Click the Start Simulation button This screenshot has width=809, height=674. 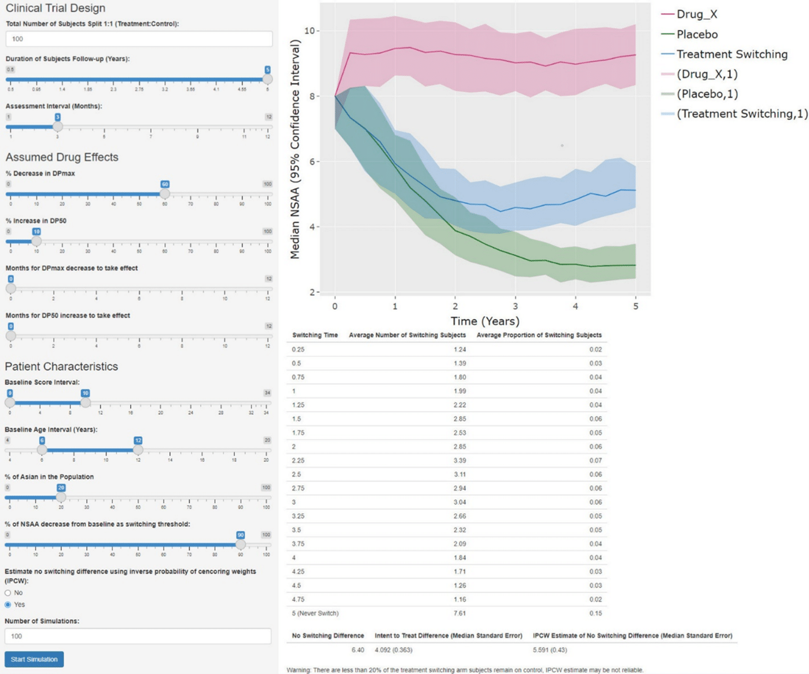pyautogui.click(x=34, y=659)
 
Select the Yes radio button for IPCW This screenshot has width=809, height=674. pyautogui.click(x=8, y=605)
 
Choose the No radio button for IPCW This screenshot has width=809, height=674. pyautogui.click(x=8, y=593)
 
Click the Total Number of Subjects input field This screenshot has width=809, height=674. pyautogui.click(x=139, y=39)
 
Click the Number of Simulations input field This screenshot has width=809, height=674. pyautogui.click(x=138, y=636)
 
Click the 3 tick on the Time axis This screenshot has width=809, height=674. pyautogui.click(x=515, y=306)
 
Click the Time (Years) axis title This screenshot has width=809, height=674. pyautogui.click(x=485, y=321)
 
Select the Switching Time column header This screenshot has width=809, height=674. pyautogui.click(x=315, y=335)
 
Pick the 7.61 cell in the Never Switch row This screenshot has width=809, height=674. pyautogui.click(x=459, y=613)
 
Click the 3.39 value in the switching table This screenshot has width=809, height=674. pyautogui.click(x=459, y=460)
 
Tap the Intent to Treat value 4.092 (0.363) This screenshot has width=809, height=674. pyautogui.click(x=394, y=650)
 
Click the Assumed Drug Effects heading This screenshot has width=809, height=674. pyautogui.click(x=62, y=157)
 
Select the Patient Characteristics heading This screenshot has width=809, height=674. pyautogui.click(x=61, y=367)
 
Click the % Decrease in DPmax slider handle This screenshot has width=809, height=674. pyautogui.click(x=165, y=194)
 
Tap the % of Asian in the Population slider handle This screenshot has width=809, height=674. pyautogui.click(x=61, y=497)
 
